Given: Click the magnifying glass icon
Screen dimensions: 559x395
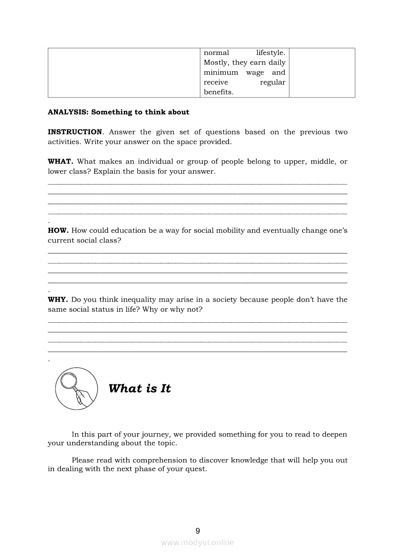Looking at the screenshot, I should pos(73,389).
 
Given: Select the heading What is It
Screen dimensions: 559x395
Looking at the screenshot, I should pos(140,389).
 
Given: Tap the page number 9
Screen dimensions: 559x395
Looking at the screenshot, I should pos(198,531).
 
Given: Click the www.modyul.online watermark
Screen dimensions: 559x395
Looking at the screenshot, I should pos(197,543).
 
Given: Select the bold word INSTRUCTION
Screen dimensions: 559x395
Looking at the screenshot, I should pos(75,132).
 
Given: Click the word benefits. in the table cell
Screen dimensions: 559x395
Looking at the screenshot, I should pos(219,92).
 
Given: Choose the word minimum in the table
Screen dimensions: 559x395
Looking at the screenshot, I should pos(221,73).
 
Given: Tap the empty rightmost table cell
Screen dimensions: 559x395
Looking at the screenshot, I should pos(322,73).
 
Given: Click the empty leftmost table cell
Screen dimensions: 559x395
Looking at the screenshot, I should pos(124,73).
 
